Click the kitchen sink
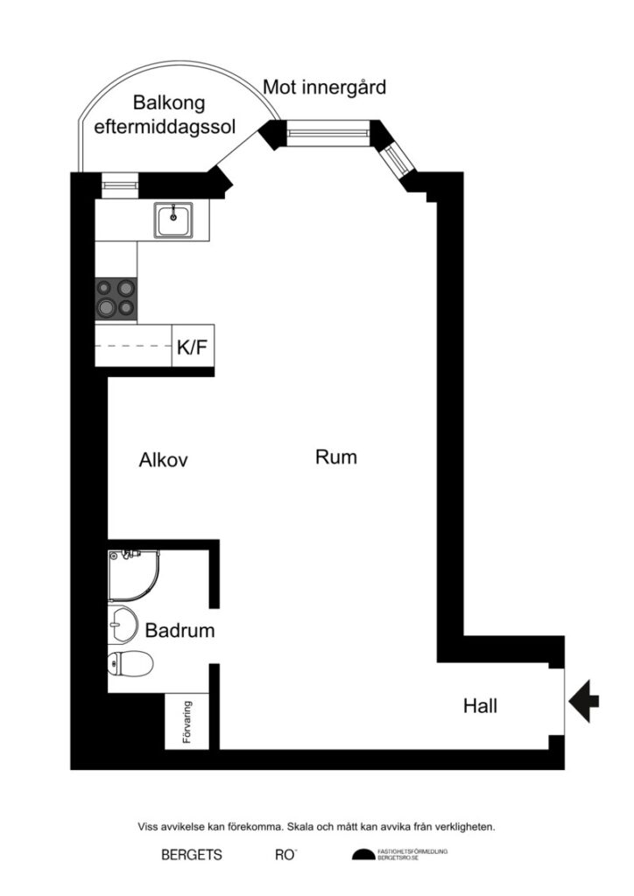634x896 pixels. click(175, 219)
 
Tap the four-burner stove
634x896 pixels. click(116, 297)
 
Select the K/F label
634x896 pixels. click(193, 347)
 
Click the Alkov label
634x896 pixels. click(164, 460)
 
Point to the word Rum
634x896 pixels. click(336, 457)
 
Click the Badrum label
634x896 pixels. click(180, 630)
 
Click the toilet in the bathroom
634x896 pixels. click(129, 664)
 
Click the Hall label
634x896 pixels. click(480, 705)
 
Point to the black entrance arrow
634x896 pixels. click(584, 700)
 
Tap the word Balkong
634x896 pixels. click(169, 103)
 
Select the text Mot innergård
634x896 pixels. click(325, 87)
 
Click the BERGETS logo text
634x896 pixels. click(192, 855)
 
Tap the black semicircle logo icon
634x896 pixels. click(362, 855)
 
